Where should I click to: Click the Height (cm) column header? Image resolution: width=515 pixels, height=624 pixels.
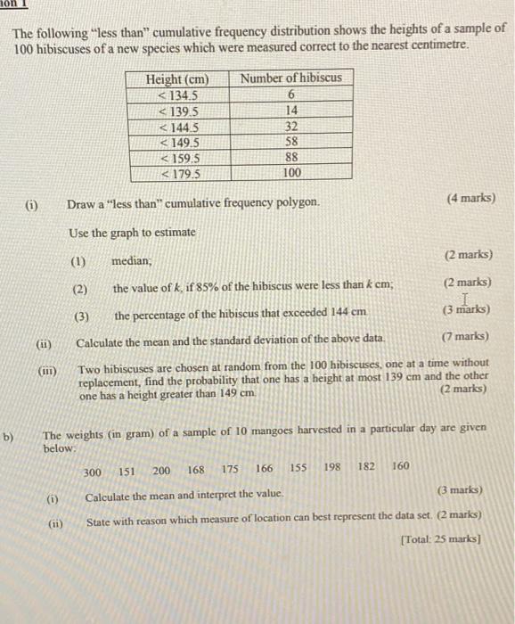click(x=177, y=78)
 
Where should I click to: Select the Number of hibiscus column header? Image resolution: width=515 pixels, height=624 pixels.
click(x=290, y=78)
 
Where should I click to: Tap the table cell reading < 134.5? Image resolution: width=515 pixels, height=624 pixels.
click(x=177, y=94)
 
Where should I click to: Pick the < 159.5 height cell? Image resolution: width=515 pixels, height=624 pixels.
click(x=177, y=157)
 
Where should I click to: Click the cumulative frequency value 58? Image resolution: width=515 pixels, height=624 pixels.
click(x=290, y=142)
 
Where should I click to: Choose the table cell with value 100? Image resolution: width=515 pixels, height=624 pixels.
click(x=290, y=173)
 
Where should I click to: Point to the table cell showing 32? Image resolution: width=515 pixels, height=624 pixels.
click(x=290, y=126)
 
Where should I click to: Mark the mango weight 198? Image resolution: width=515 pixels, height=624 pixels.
click(x=332, y=467)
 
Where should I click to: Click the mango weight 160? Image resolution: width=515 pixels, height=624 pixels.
click(x=400, y=465)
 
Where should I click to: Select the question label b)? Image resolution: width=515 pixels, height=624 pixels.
click(x=10, y=437)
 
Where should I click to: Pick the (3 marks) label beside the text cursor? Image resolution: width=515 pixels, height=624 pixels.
click(x=469, y=310)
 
